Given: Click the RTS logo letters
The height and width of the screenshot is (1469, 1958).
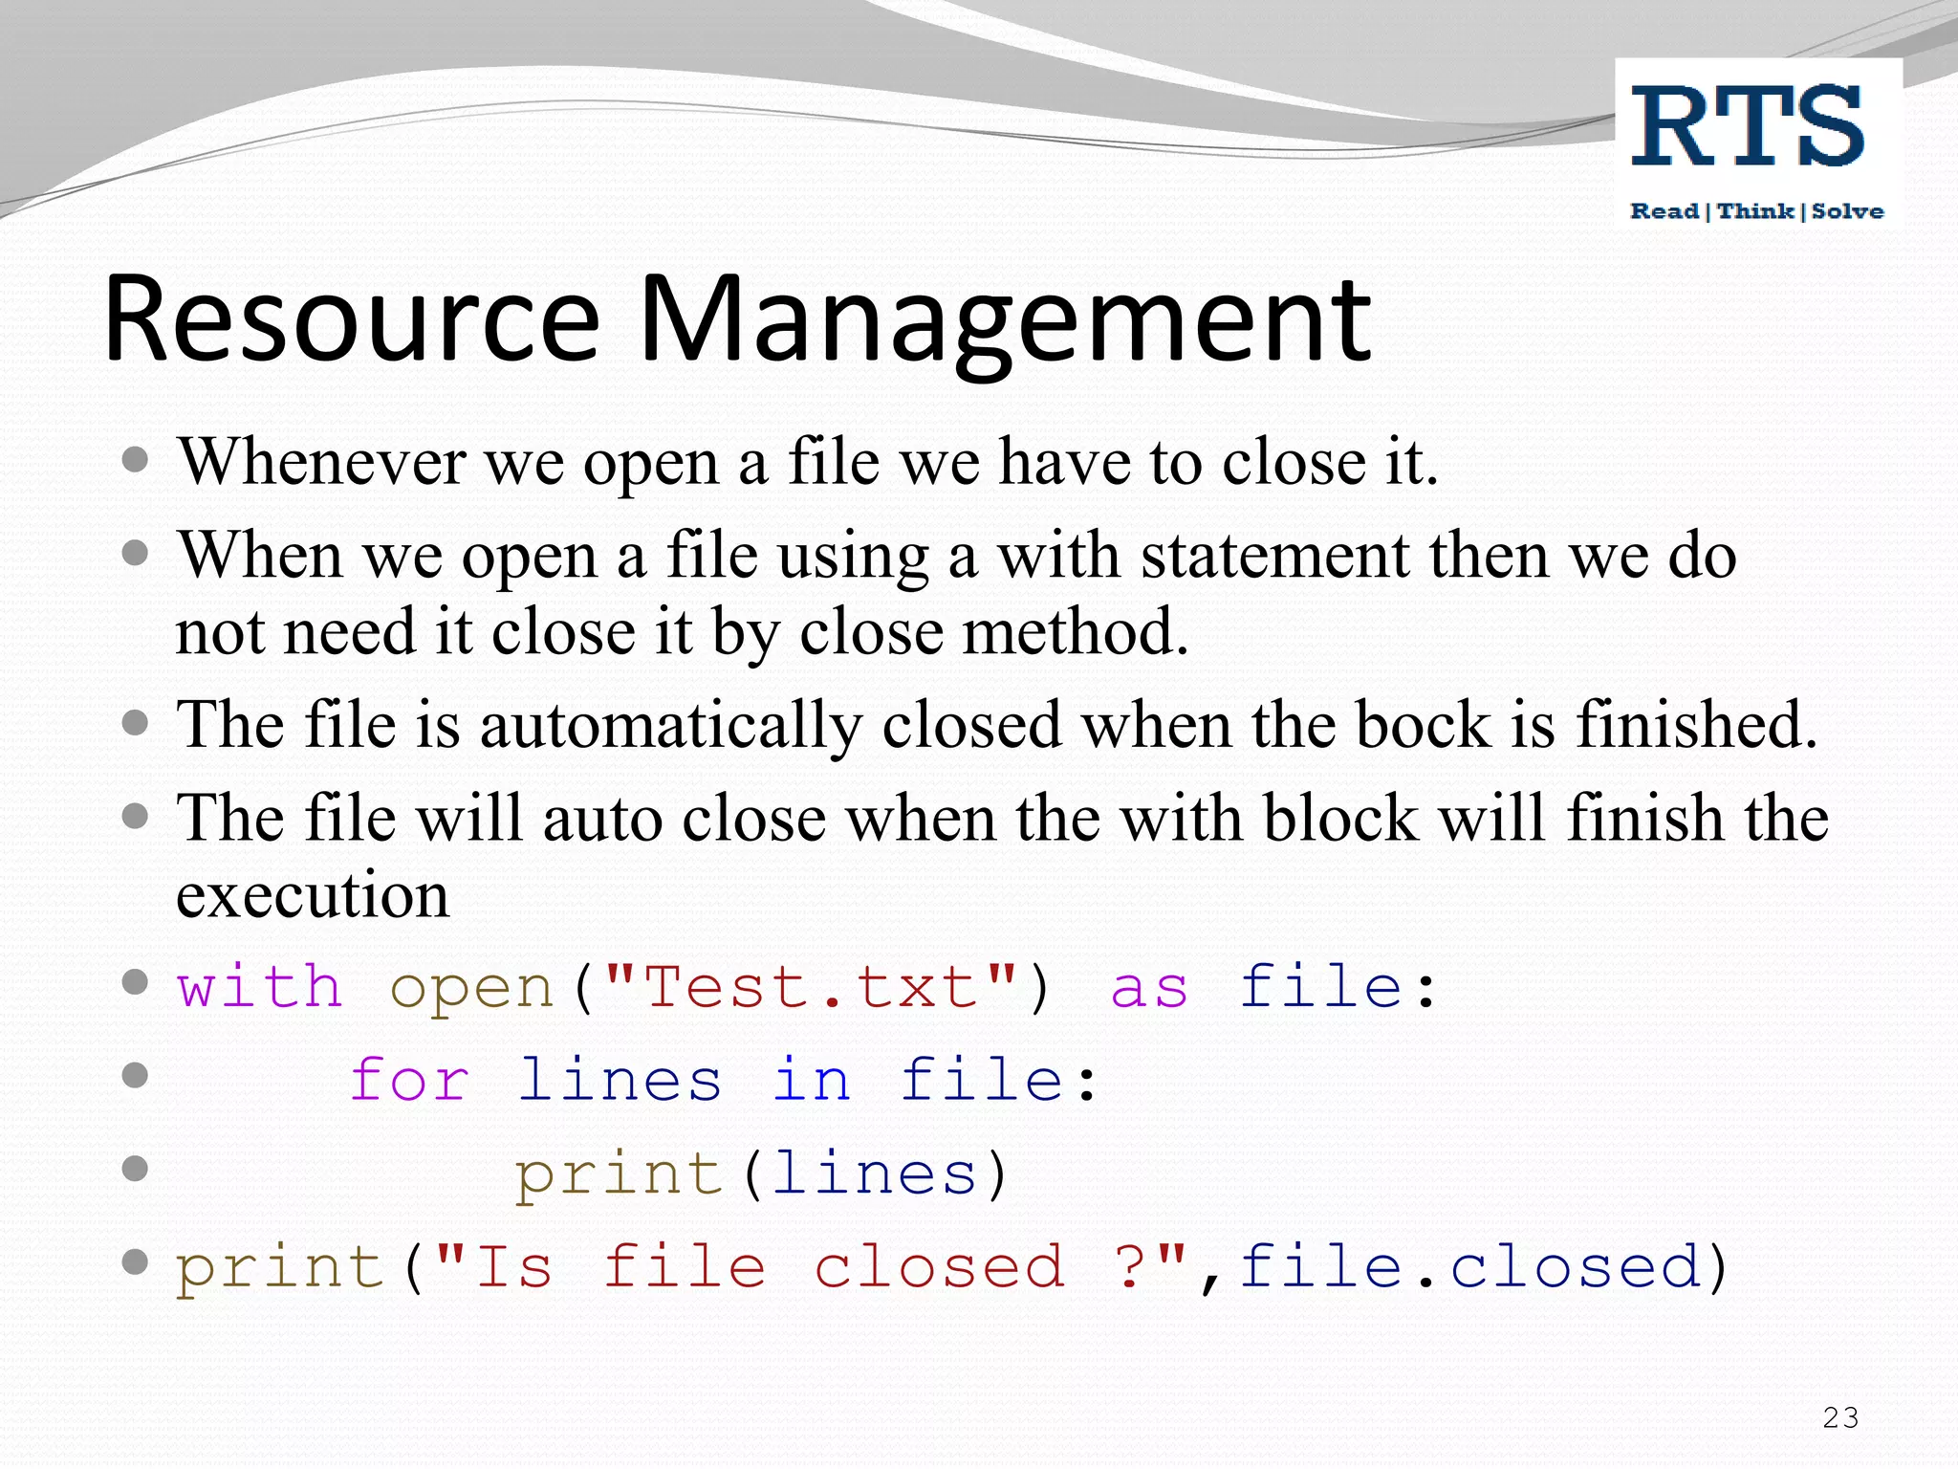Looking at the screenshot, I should (1748, 126).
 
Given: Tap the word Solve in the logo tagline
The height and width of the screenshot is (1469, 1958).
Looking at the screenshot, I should (1847, 211).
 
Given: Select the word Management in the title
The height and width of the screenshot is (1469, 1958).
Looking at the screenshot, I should (1004, 321).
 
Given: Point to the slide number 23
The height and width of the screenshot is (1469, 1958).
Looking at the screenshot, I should (1840, 1417).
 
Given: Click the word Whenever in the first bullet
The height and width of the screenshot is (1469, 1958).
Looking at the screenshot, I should (322, 462).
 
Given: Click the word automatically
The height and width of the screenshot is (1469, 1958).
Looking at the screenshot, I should (670, 725).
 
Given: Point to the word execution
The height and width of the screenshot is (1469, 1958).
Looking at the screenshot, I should (313, 895).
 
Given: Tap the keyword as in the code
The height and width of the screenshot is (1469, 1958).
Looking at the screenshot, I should (1149, 988).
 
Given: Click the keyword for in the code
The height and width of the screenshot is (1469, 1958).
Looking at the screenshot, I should (409, 1080).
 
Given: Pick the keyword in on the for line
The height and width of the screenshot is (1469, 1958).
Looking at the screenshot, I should (812, 1080).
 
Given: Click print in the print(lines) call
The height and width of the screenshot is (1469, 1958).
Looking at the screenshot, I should (619, 1174).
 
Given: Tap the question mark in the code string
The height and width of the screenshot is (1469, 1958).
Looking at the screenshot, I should (1132, 1266).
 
